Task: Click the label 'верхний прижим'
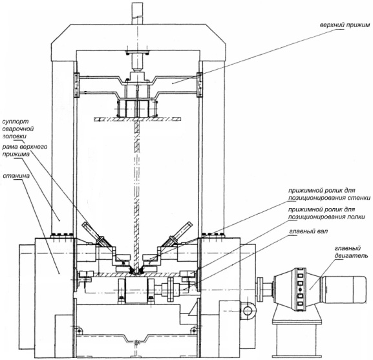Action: click(345, 25)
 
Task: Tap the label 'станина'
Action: click(16, 176)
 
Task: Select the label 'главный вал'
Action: click(308, 231)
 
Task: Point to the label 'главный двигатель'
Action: click(351, 252)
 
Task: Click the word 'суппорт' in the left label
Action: click(16, 122)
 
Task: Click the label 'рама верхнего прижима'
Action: click(25, 151)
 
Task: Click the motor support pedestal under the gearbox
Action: click(295, 332)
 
